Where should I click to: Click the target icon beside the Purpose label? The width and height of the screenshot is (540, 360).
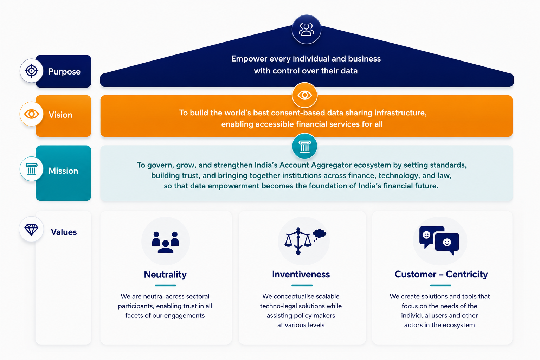(x=32, y=71)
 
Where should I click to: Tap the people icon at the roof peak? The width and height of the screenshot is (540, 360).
(x=307, y=30)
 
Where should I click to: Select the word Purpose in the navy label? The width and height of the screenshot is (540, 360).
(x=64, y=72)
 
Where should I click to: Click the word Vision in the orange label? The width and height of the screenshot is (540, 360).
(x=60, y=115)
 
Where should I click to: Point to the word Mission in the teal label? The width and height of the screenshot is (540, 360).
(x=63, y=171)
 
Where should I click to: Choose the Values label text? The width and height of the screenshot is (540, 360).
(x=64, y=232)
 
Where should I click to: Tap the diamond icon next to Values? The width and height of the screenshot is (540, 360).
(x=31, y=229)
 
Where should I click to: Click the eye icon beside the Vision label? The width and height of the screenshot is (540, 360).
(x=32, y=114)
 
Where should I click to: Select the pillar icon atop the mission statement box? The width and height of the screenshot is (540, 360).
(x=304, y=146)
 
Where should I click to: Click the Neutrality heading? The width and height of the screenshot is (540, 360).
(x=165, y=275)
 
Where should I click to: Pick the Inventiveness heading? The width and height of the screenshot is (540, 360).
(x=301, y=274)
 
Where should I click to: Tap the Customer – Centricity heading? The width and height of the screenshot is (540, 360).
(x=441, y=274)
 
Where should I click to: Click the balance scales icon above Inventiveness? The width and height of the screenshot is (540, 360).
(x=298, y=241)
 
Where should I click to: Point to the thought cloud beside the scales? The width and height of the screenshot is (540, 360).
(x=319, y=234)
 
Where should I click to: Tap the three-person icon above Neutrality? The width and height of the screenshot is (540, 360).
(x=165, y=242)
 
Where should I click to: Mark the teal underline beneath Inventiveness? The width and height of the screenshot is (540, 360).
(x=302, y=285)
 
